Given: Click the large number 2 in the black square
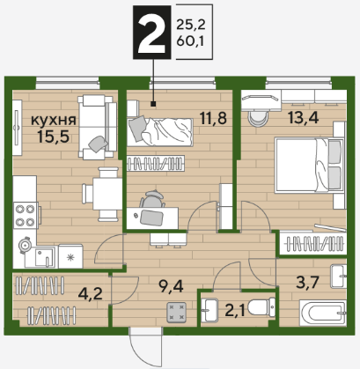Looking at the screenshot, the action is point(151,33).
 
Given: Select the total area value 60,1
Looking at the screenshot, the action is point(190,41).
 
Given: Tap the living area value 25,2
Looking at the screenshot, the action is point(191,26).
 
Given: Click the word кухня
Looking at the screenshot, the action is point(54,120).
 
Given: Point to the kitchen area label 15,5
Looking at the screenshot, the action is point(54,136).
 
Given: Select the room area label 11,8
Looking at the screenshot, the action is point(213,118).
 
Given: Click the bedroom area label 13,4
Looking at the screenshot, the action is point(303,118).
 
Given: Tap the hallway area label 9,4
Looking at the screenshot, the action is point(171,286).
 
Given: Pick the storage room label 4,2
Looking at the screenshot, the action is point(91,293).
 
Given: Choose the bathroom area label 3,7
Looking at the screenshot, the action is point(307,283).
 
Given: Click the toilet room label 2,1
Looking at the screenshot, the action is point(235,311).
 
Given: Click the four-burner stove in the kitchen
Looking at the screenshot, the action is point(26,216).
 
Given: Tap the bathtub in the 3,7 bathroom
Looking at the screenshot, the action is point(323,313).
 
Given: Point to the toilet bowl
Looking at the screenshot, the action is point(261,307).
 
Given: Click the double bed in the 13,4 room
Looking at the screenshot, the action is point(309,166).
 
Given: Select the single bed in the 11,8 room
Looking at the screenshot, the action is point(160,132).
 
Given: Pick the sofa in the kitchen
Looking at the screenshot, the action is point(97,127).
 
